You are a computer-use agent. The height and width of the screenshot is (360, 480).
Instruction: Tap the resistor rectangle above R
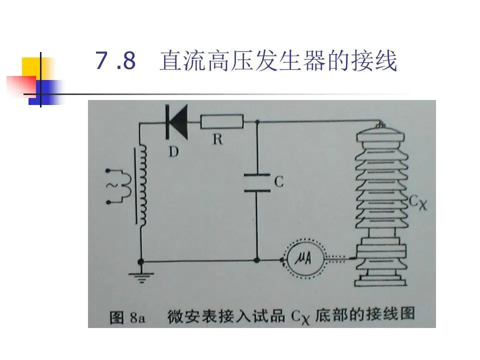pyautogui.click(x=222, y=121)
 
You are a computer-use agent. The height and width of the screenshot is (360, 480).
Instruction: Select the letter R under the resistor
pyautogui.click(x=217, y=139)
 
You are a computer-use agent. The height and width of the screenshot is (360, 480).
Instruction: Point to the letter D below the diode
pyautogui.click(x=173, y=151)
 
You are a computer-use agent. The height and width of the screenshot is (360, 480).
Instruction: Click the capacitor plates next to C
pyautogui.click(x=257, y=182)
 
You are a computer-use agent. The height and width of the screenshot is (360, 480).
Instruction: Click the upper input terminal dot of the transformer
pyautogui.click(x=108, y=170)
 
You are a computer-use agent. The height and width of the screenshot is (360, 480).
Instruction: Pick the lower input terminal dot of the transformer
pyautogui.click(x=108, y=202)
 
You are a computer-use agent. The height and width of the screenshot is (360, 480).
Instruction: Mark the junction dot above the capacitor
pyautogui.click(x=257, y=121)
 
